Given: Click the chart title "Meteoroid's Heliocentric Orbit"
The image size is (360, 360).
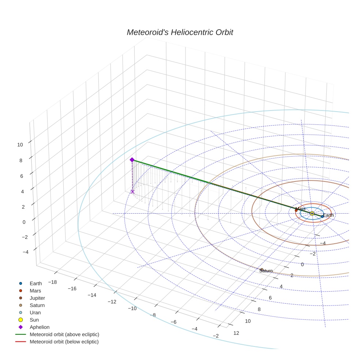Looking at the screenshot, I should [180, 33].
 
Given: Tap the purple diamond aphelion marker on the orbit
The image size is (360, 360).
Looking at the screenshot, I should [132, 160].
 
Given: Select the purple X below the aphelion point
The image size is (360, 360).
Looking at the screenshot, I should [132, 192].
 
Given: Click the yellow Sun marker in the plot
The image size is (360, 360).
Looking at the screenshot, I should [312, 213].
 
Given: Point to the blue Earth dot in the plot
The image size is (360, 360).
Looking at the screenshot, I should [322, 216].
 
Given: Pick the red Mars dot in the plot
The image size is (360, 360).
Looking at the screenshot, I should [296, 210].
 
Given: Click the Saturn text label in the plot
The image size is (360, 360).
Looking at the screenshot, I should [266, 271].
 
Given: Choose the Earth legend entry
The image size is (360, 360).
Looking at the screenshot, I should [36, 283].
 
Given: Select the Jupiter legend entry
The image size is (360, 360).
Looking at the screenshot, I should [37, 298].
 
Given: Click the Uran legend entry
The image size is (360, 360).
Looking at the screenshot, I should [35, 312].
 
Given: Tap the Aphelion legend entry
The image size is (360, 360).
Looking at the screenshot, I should [40, 327].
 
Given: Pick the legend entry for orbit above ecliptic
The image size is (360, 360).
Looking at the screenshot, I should [64, 334].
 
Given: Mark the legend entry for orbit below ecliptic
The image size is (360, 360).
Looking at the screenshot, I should [64, 342].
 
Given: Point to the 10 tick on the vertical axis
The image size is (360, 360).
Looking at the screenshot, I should [20, 145].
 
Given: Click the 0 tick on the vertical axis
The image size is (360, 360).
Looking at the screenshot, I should [24, 222].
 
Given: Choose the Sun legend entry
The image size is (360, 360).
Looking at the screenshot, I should [34, 320].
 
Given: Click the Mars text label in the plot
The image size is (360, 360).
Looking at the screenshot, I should [300, 209].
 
